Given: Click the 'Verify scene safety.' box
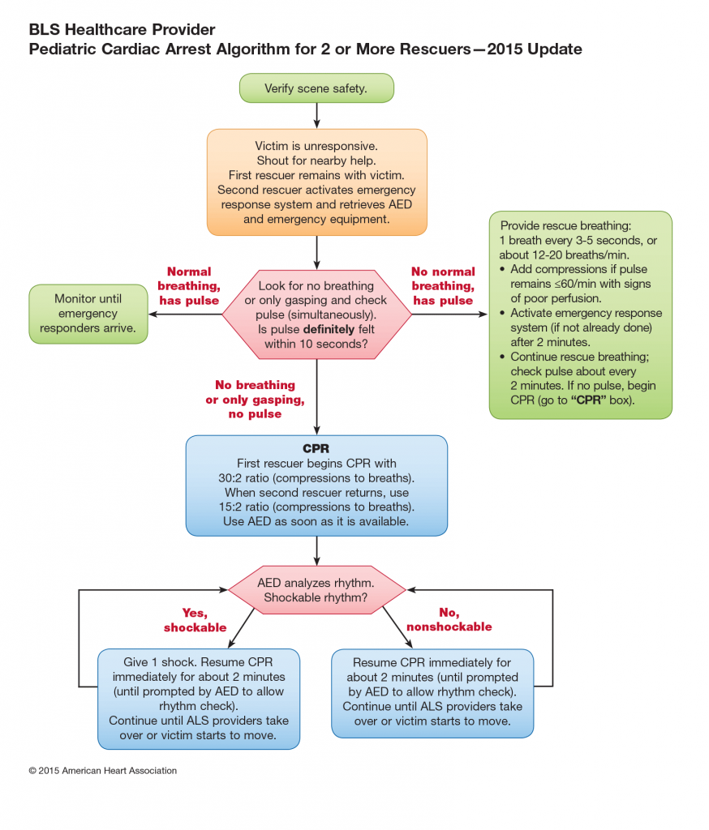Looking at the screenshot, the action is tap(316, 88).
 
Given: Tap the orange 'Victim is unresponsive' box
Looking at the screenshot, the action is tap(317, 182).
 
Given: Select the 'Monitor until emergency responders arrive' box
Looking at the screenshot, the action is tap(88, 314).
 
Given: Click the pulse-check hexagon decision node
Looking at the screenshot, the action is tap(317, 314).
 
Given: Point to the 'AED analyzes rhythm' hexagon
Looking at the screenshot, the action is tap(316, 590).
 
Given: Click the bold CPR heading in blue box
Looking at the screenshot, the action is tap(316, 448).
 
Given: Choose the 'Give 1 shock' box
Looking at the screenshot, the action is tap(199, 699).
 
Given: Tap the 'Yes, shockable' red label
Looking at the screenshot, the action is tap(195, 620).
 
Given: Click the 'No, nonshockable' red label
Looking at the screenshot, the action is tap(449, 619).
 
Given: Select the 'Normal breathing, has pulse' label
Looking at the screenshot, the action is tap(189, 286).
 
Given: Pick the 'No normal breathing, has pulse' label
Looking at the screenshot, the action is tap(443, 286).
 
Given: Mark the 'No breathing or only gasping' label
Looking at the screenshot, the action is tap(255, 400).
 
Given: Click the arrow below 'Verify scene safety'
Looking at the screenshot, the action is tap(317, 115).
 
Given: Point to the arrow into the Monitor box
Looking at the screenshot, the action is tap(185, 314).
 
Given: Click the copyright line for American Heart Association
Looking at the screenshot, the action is tap(103, 771).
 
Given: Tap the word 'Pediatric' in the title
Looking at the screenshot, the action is tap(63, 49).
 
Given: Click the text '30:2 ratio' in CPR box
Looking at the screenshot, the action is tap(243, 478).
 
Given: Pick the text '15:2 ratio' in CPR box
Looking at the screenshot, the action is tap(243, 507).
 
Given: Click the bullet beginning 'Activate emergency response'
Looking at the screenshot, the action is tap(581, 327).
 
